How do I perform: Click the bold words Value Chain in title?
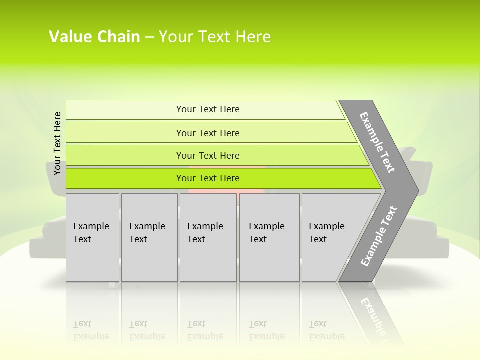pos(94,37)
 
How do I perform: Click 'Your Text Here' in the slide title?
pos(215,37)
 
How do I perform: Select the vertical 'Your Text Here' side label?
pos(57,143)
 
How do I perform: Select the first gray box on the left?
pos(92,237)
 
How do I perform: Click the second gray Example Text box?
pos(149,237)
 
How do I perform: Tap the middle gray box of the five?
pos(208,237)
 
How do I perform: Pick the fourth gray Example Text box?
pos(269,237)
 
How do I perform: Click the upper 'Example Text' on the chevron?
pos(377,142)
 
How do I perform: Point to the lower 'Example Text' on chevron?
pos(379,236)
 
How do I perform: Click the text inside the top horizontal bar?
pos(208,109)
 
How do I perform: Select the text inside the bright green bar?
pos(208,178)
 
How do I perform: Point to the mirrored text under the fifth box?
pos(327,330)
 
